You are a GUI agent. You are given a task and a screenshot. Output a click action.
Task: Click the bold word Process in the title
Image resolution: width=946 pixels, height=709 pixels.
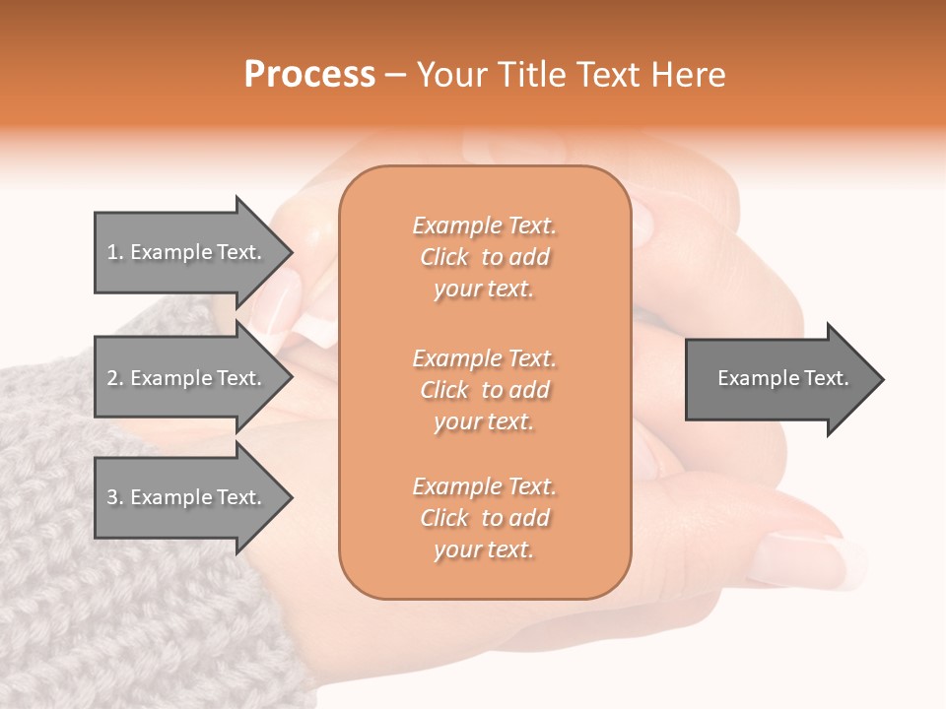pyautogui.click(x=309, y=75)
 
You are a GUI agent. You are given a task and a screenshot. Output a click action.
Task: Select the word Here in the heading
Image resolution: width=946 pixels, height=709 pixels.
pyautogui.click(x=688, y=75)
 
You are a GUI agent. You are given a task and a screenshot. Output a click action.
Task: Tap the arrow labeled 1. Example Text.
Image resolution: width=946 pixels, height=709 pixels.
pyautogui.click(x=187, y=252)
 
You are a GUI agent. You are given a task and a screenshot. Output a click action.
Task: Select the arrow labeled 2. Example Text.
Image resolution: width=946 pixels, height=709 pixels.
pyautogui.click(x=187, y=378)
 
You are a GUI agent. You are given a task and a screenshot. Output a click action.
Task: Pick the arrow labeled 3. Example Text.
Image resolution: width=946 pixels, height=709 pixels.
pyautogui.click(x=187, y=497)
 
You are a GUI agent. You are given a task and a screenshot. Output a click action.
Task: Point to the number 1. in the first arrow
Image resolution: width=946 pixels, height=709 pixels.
pyautogui.click(x=114, y=252)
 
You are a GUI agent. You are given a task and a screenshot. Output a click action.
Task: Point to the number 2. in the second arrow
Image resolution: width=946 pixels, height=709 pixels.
pyautogui.click(x=114, y=378)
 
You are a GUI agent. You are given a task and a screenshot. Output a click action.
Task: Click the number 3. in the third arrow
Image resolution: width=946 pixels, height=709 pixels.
pyautogui.click(x=114, y=497)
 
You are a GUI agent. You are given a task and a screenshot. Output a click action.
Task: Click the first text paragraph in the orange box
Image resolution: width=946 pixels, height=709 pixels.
pyautogui.click(x=484, y=257)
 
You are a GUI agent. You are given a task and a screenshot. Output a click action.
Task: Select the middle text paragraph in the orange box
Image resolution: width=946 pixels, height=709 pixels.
pyautogui.click(x=484, y=390)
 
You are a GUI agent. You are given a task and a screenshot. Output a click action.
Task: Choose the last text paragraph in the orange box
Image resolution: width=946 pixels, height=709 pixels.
pyautogui.click(x=484, y=518)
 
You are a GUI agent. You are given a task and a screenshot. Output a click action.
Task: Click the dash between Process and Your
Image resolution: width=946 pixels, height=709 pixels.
pyautogui.click(x=396, y=75)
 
